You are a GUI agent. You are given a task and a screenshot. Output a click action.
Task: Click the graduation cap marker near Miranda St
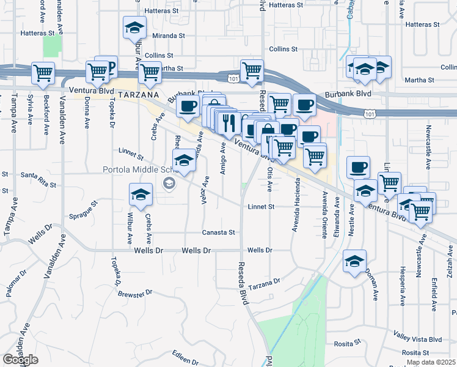tap(134, 28)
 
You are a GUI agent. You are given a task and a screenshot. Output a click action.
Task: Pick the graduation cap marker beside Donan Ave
tap(354, 262)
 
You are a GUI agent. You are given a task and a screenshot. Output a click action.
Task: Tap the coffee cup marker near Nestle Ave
tap(359, 167)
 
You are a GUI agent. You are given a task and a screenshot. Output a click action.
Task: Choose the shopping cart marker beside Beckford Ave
tap(43, 73)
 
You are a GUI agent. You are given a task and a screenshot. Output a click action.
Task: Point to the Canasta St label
tap(219, 232)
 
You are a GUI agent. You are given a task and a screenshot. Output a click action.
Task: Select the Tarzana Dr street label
tap(264, 283)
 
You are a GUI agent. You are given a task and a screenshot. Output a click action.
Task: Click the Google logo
tap(21, 360)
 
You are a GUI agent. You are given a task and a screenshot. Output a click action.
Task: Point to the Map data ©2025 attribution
tap(431, 362)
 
